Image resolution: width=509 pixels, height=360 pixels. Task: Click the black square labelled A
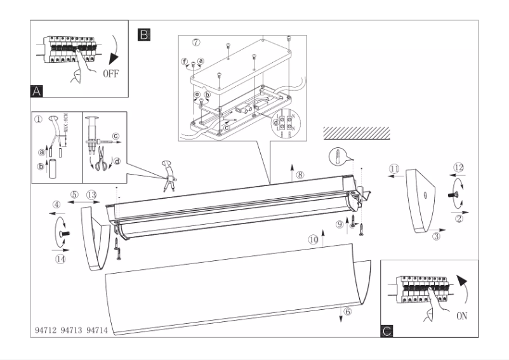[x=37, y=91]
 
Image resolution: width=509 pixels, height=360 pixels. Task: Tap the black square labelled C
[x=388, y=330]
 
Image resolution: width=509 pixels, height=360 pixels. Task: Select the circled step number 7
[x=196, y=43]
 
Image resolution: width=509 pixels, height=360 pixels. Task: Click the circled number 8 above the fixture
[x=300, y=174]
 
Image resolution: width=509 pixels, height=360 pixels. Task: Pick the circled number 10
[x=312, y=239]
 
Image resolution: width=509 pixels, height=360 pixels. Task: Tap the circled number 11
[x=394, y=168]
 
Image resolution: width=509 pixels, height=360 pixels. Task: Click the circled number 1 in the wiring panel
[x=39, y=118]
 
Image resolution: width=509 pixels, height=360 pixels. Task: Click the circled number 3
[x=436, y=237]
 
